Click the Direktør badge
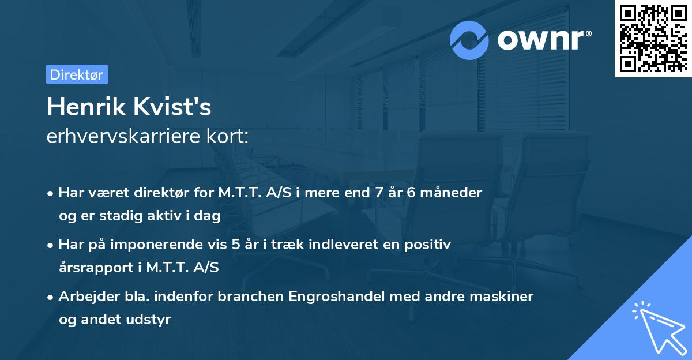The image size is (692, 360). point(77,74)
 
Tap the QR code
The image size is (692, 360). point(653,38)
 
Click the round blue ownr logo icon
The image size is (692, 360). point(469,40)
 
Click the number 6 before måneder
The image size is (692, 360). point(411,193)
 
